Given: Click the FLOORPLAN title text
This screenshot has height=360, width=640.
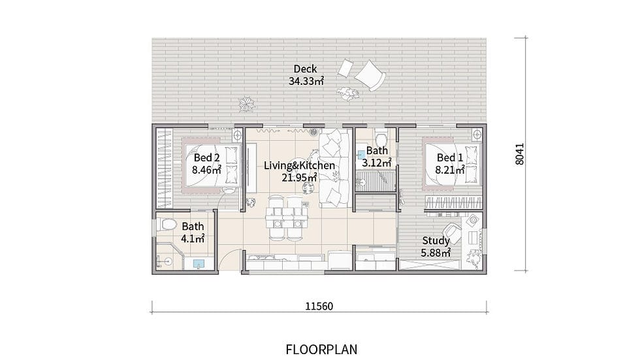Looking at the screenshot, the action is tap(321, 350).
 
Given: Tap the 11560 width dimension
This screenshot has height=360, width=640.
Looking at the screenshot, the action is tap(319, 306).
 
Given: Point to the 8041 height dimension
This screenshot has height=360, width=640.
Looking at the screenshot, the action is tap(520, 154).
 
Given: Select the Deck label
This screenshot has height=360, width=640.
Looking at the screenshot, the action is tap(305, 69).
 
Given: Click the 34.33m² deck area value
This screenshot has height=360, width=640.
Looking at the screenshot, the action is tap(306, 81).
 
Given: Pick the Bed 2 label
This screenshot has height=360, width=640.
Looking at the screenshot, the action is tap(206, 157).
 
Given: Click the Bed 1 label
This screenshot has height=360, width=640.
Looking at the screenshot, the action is tap(450, 157).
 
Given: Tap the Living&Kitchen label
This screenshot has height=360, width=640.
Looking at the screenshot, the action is tap(299, 166).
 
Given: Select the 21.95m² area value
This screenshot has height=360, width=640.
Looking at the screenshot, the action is tap(299, 178).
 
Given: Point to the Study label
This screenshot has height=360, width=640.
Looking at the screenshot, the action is tap(436, 241).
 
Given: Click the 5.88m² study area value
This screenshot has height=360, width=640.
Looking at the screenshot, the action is tap(436, 253).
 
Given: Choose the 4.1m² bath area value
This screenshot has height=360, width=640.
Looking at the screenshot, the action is tap(193, 238).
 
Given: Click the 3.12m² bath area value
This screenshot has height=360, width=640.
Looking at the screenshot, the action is tap(377, 163).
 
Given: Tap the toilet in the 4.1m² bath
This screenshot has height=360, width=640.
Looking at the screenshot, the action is tap(166, 225).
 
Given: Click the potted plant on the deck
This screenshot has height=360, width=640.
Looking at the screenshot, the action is tap(247, 104).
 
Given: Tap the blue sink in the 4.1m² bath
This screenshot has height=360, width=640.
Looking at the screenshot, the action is tap(199, 264).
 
